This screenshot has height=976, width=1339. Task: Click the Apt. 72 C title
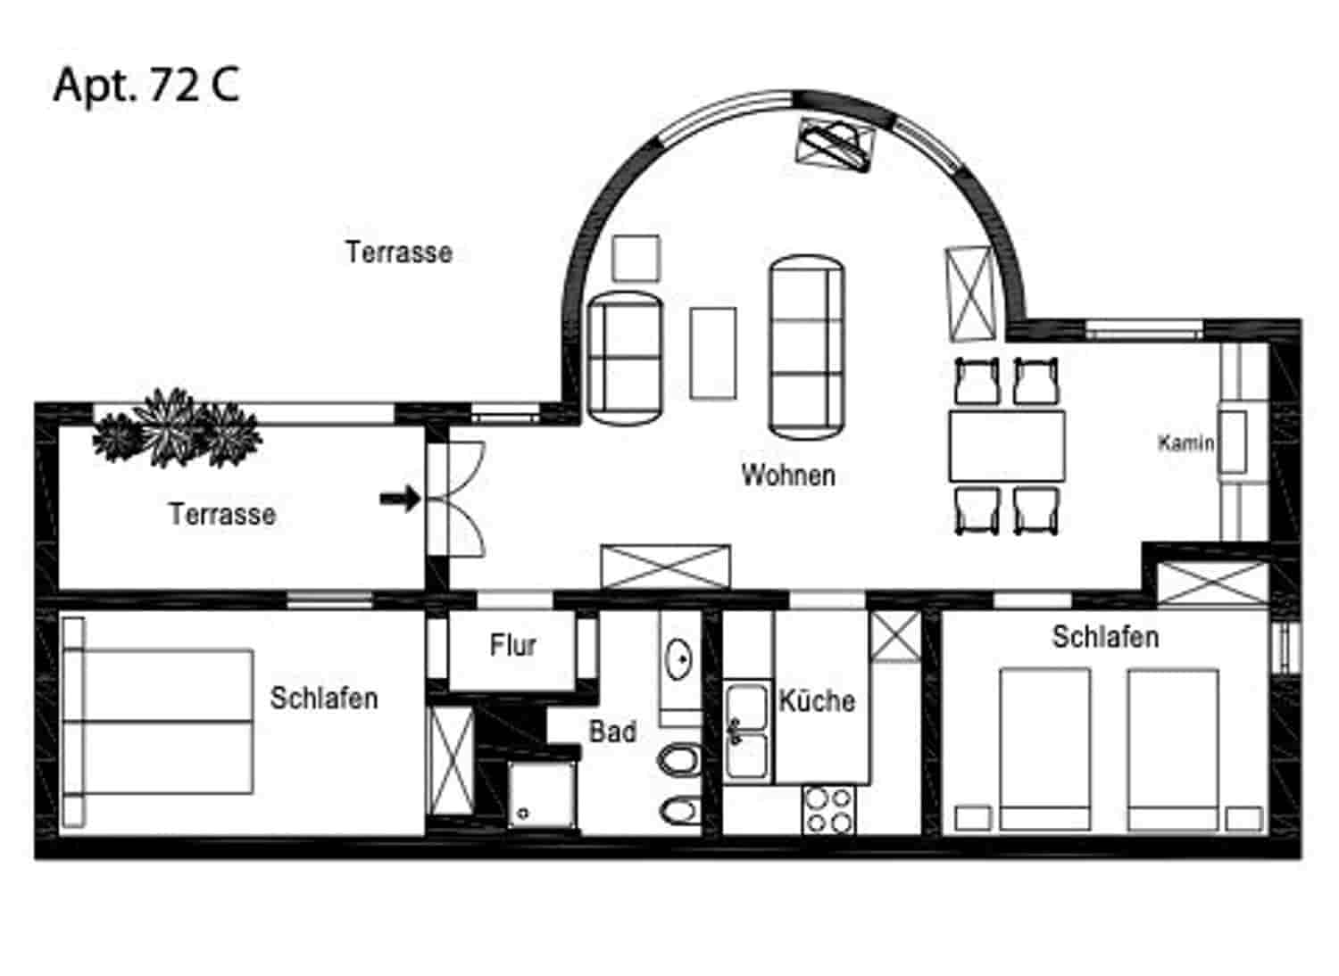coord(146,86)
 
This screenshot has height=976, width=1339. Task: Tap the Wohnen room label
coord(788,475)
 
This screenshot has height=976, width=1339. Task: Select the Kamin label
coord(1185,443)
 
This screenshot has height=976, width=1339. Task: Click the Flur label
coord(512,645)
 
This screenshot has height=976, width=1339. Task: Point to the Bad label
coord(612,732)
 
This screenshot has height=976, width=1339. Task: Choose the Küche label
coord(817,700)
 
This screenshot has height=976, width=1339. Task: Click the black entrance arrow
coord(399,499)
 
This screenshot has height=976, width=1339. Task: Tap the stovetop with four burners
coord(828,809)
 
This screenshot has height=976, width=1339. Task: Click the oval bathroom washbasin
coord(680,659)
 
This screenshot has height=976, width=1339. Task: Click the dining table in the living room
coord(1007,445)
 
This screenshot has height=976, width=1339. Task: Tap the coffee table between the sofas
coord(713,353)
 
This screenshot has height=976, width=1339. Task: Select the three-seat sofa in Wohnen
coord(806,348)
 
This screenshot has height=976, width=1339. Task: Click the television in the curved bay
coord(836,142)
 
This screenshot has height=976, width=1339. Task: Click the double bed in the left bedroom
coord(161,721)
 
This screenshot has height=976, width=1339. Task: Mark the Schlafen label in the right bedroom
coord(1105,637)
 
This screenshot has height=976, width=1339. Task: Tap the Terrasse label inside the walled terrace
coord(222,514)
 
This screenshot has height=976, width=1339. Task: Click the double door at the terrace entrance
coord(455,500)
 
